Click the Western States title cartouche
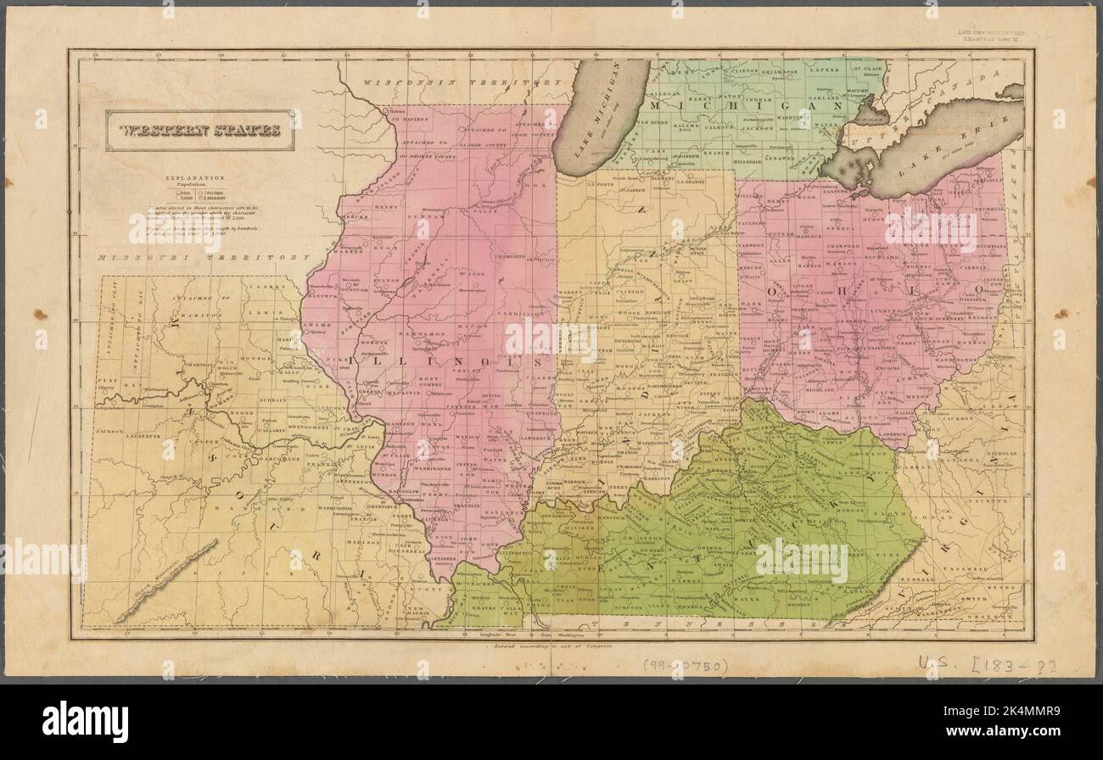point(200,131)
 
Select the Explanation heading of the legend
point(200,179)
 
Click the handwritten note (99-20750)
point(684,666)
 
